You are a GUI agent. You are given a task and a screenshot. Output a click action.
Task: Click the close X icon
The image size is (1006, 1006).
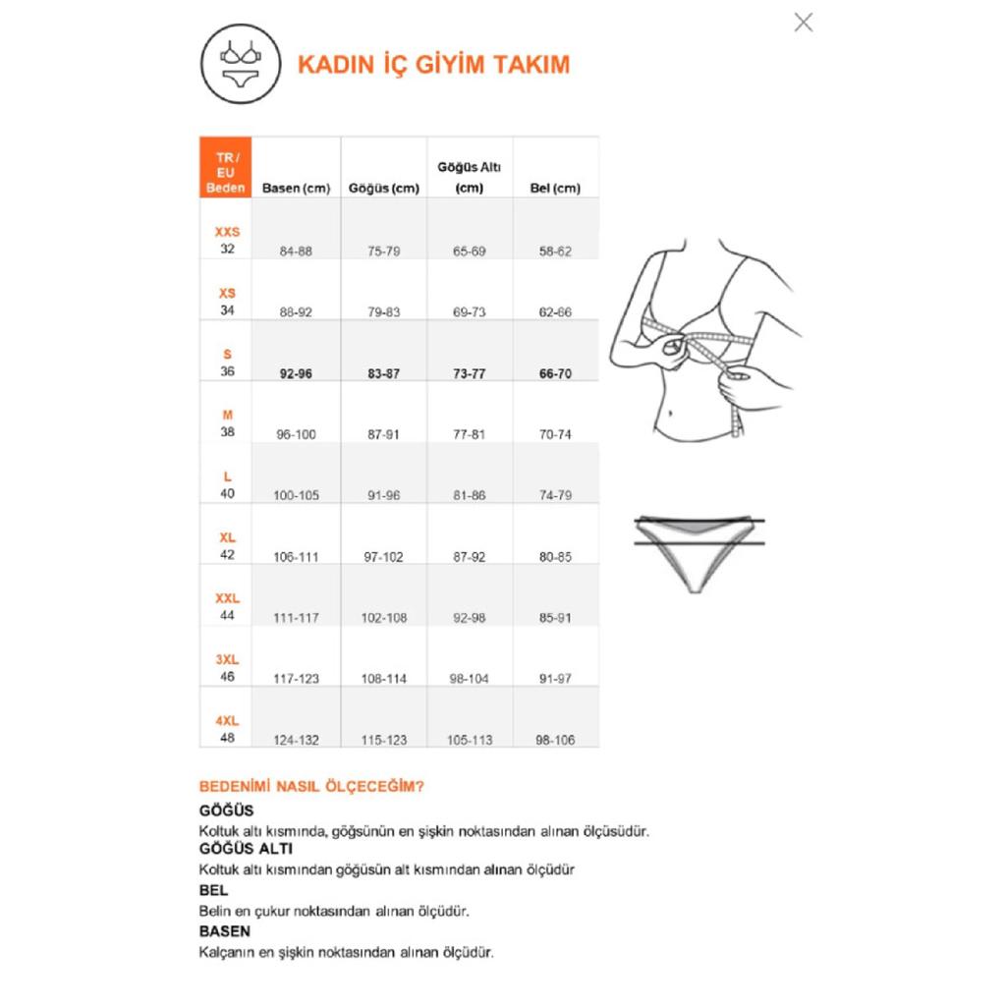(804, 23)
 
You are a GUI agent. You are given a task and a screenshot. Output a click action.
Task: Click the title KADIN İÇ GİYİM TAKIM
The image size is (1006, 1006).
(433, 65)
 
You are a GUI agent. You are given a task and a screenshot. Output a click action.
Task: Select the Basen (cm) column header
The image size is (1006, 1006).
(296, 188)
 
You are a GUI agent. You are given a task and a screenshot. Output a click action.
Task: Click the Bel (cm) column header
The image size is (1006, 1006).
(555, 188)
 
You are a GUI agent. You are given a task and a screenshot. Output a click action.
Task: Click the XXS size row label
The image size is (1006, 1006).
(227, 240)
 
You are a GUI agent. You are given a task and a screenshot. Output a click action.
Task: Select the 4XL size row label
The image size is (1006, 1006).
(227, 728)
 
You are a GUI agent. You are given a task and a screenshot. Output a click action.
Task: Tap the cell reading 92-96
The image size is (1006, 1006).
(296, 373)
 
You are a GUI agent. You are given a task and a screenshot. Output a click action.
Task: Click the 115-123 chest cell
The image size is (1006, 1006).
(383, 740)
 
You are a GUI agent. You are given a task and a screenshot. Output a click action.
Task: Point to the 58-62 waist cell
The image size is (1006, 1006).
(555, 251)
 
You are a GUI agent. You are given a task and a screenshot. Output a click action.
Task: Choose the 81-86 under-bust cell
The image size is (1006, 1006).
(469, 495)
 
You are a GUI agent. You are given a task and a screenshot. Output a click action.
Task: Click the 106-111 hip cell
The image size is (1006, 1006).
(296, 557)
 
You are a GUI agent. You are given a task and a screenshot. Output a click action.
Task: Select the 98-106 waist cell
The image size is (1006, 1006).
(555, 740)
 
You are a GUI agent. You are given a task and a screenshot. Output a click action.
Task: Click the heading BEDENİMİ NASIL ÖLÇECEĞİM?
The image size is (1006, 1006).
(311, 787)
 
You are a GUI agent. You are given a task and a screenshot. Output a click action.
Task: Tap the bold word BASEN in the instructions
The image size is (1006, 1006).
(225, 930)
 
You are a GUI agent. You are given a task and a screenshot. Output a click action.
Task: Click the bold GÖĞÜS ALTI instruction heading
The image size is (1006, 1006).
(246, 848)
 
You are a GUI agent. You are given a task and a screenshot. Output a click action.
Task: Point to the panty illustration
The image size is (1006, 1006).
(699, 550)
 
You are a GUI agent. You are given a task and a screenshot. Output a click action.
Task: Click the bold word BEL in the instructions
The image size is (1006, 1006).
(213, 890)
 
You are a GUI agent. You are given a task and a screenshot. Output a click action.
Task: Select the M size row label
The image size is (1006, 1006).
(227, 422)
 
